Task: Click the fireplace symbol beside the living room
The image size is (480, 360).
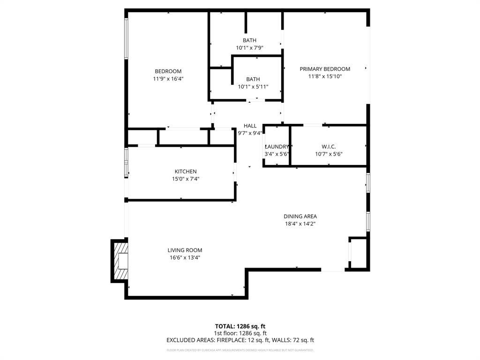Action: [121, 261]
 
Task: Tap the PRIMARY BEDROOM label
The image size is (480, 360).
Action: [325, 69]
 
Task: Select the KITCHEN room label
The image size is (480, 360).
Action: [186, 172]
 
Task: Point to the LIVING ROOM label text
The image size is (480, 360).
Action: [185, 250]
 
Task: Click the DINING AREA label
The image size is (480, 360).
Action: [300, 217]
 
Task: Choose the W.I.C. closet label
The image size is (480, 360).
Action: [329, 147]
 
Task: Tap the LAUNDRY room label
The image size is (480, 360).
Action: [277, 147]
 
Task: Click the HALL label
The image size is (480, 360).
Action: [250, 126]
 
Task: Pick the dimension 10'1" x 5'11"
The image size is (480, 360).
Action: [253, 87]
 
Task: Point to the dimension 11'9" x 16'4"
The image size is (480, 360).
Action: [168, 79]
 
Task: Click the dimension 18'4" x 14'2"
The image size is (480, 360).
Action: [300, 224]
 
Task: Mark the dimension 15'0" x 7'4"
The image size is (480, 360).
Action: [186, 179]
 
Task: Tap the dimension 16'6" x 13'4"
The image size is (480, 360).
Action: [185, 258]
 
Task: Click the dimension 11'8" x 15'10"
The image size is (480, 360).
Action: [325, 76]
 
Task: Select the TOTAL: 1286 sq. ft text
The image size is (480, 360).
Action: [240, 326]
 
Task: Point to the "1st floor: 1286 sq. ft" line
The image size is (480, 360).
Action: [240, 333]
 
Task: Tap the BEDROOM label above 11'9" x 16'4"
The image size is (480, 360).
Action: [168, 71]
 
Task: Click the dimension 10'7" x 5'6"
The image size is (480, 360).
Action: [329, 154]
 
